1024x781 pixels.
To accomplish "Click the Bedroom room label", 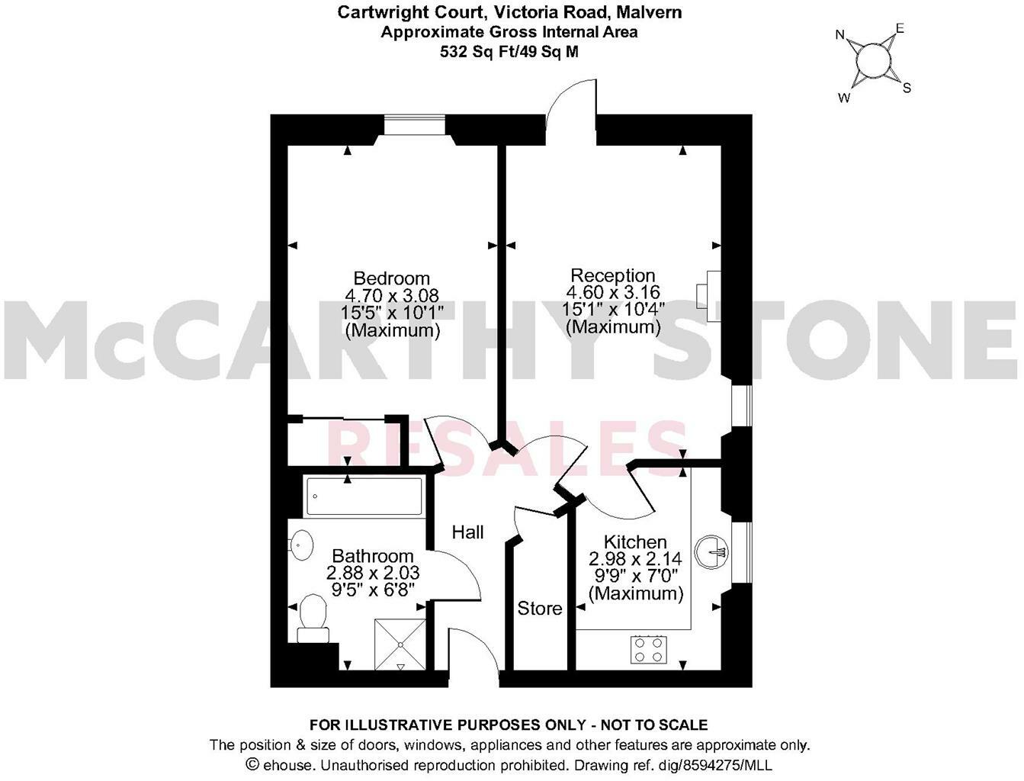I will pyautogui.click(x=392, y=278).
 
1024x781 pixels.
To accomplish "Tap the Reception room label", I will pyautogui.click(x=612, y=275).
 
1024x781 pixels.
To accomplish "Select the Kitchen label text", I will pyautogui.click(x=635, y=542).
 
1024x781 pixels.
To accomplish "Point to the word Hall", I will pyautogui.click(x=467, y=532).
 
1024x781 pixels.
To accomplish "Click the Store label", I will pyautogui.click(x=540, y=608).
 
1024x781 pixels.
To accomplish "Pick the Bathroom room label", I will pyautogui.click(x=373, y=556).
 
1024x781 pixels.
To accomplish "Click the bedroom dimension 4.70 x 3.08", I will pyautogui.click(x=392, y=296).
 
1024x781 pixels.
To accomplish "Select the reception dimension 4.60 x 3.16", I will pyautogui.click(x=612, y=293).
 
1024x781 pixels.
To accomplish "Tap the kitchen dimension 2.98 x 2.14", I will pyautogui.click(x=635, y=559).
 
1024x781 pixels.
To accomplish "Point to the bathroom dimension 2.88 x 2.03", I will pyautogui.click(x=373, y=572).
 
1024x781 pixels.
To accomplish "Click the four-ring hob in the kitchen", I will pyautogui.click(x=647, y=649).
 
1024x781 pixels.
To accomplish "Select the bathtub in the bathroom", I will pyautogui.click(x=364, y=496).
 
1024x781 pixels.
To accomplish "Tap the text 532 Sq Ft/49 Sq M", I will pyautogui.click(x=509, y=52).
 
